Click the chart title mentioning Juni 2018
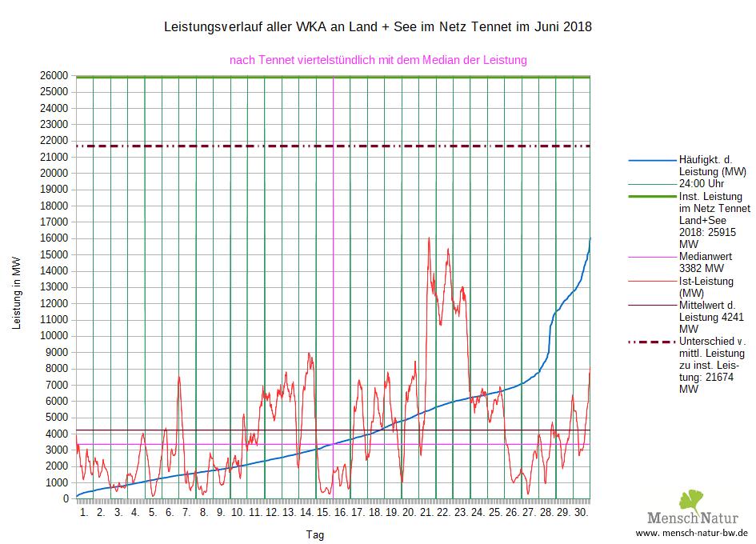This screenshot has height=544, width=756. click(x=378, y=27)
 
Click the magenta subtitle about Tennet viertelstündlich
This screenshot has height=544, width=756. click(x=378, y=60)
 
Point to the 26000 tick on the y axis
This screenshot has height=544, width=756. click(x=55, y=75)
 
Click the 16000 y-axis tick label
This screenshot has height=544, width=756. click(x=55, y=238)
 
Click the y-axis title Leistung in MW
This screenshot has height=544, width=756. click(x=16, y=294)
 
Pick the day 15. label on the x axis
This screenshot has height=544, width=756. click(x=323, y=512)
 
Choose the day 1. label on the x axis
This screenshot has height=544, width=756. click(x=84, y=512)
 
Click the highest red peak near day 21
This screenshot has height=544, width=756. click(x=429, y=238)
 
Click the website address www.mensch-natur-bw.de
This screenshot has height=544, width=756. click(x=692, y=533)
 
